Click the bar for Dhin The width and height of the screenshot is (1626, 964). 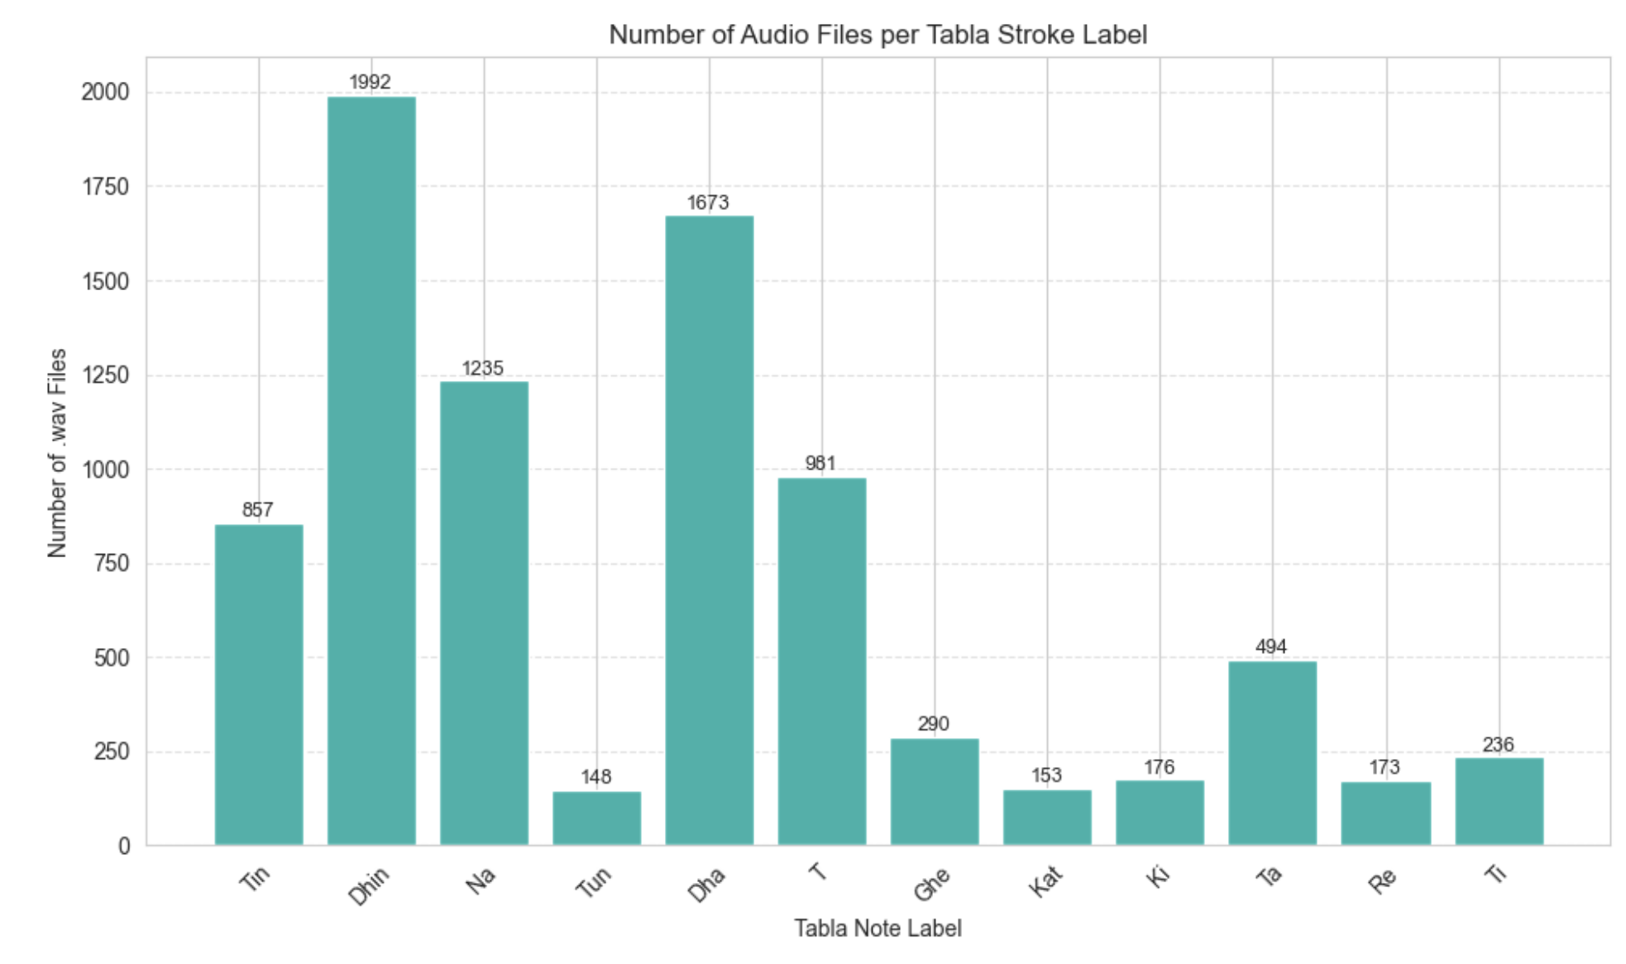(371, 470)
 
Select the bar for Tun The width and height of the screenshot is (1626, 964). (596, 818)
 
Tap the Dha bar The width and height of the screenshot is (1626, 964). (710, 530)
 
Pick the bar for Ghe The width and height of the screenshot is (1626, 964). (935, 791)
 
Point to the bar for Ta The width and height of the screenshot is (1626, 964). (1272, 752)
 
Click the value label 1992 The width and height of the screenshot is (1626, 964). (370, 82)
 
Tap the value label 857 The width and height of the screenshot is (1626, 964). (257, 509)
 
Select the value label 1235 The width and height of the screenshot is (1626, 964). (482, 368)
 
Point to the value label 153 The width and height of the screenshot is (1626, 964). (1046, 775)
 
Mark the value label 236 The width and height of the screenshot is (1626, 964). (1498, 745)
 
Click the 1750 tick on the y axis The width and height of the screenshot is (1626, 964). (105, 187)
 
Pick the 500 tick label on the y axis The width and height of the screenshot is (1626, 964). (112, 658)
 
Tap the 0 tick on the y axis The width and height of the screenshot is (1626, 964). (124, 846)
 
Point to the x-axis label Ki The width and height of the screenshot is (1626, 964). (1159, 876)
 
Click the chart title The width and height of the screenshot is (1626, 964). (878, 35)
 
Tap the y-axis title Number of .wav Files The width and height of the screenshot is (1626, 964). (57, 453)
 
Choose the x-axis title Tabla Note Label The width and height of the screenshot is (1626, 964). (878, 928)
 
